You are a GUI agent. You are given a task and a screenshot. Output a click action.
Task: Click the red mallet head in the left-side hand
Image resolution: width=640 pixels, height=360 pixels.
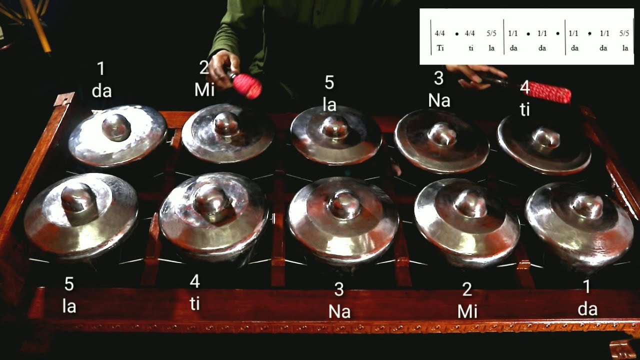(x=247, y=86)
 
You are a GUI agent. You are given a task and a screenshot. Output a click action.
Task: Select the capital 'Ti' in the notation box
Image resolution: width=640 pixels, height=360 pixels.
(x=440, y=48)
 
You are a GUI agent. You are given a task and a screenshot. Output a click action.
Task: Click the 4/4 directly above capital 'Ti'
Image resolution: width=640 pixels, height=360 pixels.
(x=440, y=34)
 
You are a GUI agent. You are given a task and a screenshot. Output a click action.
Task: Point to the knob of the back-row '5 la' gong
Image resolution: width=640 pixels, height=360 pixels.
(x=334, y=127)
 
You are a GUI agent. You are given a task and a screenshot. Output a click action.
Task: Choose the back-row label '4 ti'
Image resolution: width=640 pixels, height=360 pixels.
(x=524, y=98)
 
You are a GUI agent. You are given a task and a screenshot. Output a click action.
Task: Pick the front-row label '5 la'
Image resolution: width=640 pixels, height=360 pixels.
(x=69, y=295)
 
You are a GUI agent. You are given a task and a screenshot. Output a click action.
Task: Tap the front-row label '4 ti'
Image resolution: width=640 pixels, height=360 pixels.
(x=194, y=293)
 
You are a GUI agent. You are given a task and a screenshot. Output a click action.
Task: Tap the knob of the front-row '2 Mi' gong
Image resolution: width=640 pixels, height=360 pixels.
(x=470, y=202)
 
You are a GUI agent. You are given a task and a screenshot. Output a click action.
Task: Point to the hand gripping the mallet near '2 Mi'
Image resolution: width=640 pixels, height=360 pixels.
(x=219, y=67)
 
